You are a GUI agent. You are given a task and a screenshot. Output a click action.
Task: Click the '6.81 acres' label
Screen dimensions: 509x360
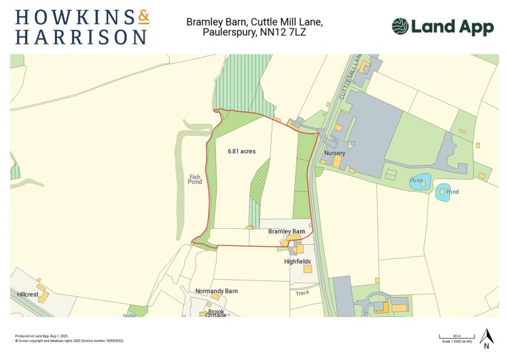241,151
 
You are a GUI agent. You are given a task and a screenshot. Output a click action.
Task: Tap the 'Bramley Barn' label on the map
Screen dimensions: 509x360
286,231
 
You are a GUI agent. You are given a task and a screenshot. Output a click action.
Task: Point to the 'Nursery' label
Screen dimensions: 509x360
335,153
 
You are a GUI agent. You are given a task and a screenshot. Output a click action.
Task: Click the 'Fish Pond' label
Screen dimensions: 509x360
195,179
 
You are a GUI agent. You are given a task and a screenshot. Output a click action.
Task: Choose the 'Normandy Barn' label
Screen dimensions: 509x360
216,291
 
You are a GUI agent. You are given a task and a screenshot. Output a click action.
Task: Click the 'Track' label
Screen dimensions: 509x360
302,292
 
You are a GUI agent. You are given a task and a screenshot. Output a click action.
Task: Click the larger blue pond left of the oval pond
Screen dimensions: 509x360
420,182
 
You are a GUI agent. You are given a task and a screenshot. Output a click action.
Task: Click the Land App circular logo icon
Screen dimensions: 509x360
400,27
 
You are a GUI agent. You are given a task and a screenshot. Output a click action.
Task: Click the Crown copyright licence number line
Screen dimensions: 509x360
69,341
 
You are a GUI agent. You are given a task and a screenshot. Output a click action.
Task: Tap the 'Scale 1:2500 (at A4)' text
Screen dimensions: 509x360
457,341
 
